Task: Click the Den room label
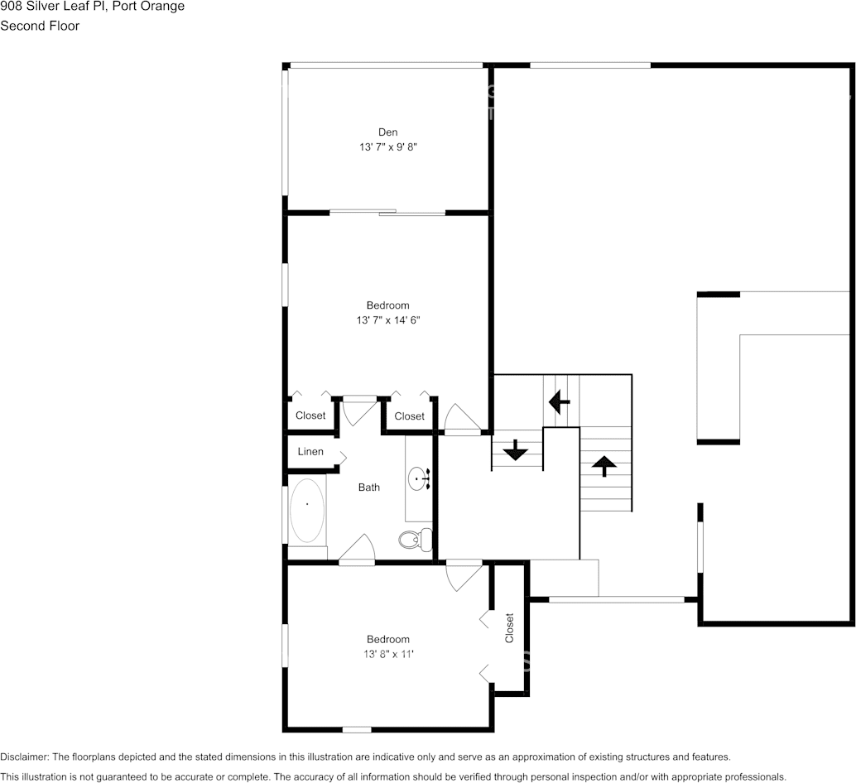[387, 132]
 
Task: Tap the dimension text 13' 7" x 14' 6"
[387, 319]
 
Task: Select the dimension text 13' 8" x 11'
[387, 654]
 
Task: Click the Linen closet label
[310, 452]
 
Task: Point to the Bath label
[369, 488]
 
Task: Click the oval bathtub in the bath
[306, 510]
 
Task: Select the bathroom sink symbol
[419, 478]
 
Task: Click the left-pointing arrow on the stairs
[560, 403]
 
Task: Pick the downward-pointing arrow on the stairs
[516, 450]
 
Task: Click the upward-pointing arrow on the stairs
[604, 465]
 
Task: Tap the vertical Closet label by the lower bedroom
[509, 627]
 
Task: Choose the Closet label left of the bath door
[310, 416]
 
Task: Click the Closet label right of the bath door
[409, 416]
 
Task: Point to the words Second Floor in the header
[40, 26]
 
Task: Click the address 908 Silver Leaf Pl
[57, 7]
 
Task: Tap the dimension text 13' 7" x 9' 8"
[387, 147]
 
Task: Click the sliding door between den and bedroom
[387, 214]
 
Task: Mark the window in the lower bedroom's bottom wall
[357, 729]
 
